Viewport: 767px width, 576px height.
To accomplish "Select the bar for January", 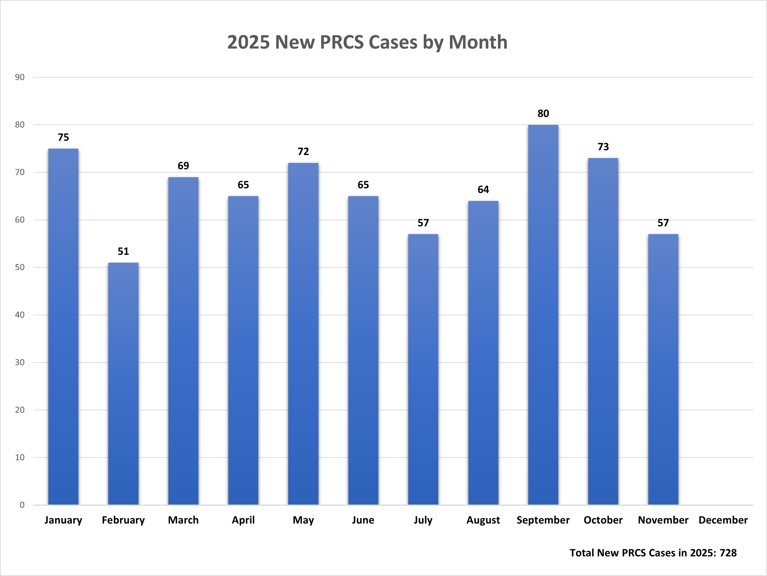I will pos(63,326).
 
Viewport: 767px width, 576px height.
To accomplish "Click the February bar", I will pos(123,383).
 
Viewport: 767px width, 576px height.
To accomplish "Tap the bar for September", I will pos(543,314).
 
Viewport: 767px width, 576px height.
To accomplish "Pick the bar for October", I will pos(603,331).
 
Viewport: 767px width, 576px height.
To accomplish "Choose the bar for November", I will pos(663,369).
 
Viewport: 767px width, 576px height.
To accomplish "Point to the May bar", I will pos(303,334).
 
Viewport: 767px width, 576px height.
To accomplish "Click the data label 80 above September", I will pos(543,113).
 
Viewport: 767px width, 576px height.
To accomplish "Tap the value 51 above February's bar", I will pos(123,251).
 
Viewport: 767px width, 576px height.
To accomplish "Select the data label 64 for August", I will pos(483,189).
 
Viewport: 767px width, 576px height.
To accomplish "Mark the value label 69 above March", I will pos(183,166).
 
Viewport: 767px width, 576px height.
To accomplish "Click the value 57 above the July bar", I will pos(423,223).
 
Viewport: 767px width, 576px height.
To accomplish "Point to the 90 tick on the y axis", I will pos(20,77).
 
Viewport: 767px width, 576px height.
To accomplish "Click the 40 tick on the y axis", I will pos(20,315).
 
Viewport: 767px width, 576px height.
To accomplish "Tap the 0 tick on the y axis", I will pos(22,505).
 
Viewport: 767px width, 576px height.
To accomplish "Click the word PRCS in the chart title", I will pos(341,42).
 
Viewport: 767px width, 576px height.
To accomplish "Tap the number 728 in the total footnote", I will pos(728,553).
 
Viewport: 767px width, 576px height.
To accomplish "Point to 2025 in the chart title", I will pos(248,42).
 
